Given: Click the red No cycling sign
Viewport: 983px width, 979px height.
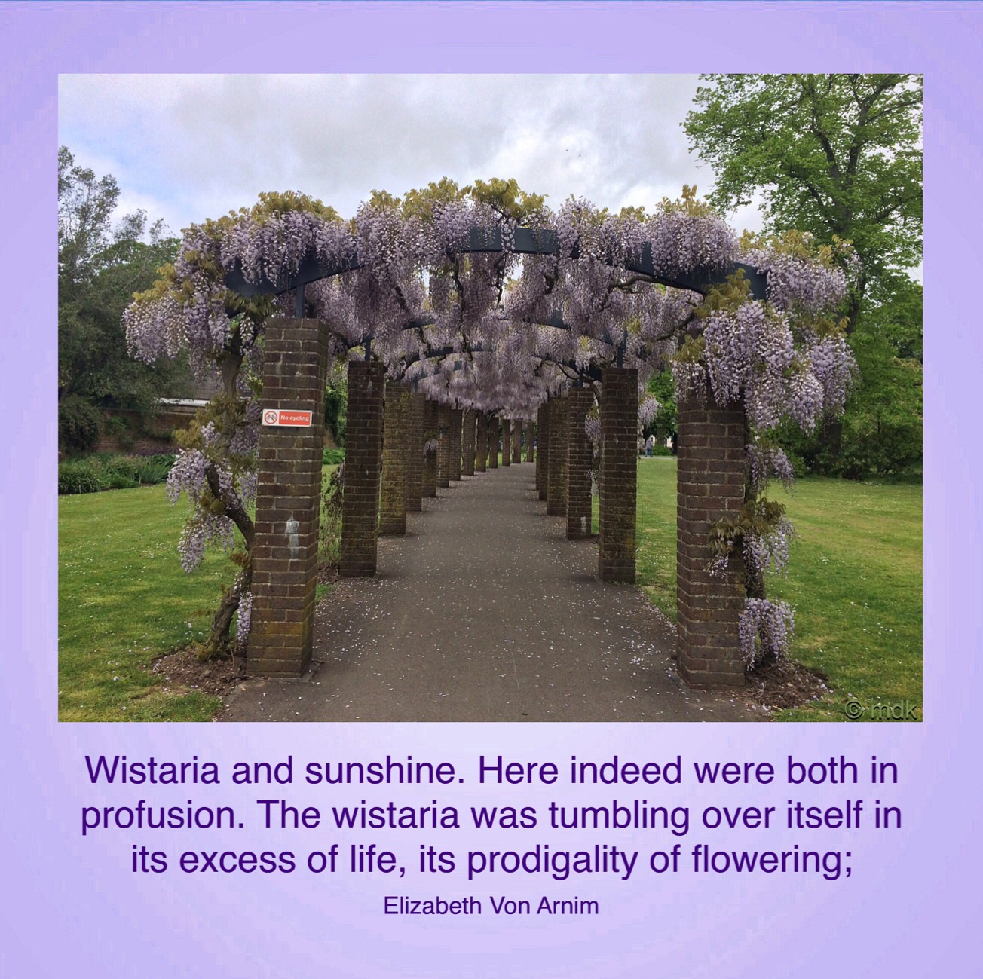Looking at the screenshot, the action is pyautogui.click(x=286, y=418).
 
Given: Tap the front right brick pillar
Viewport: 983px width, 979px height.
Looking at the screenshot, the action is pyautogui.click(x=711, y=541).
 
